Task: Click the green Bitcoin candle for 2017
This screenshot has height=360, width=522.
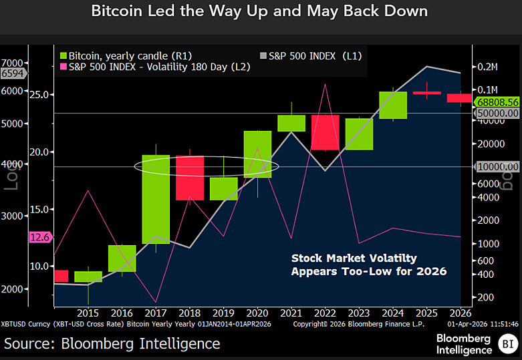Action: coord(155,199)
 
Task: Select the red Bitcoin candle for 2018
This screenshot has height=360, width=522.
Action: coord(189,178)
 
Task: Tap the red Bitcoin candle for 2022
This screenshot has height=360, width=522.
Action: coord(324,132)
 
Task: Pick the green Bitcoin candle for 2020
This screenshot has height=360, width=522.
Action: coord(257,154)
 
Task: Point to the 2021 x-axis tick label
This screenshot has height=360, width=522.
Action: coord(291,312)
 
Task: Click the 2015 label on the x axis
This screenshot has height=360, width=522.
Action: coord(88,312)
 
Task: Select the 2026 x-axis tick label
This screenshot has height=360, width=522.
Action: coord(459,312)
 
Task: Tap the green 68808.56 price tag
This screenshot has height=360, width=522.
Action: coord(498,102)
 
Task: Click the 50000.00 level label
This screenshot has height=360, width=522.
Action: coord(498,114)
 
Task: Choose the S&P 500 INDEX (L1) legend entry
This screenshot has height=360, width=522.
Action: coord(308,56)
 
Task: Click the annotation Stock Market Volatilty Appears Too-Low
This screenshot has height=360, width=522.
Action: coord(368,264)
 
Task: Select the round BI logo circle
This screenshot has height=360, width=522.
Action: coord(506,344)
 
